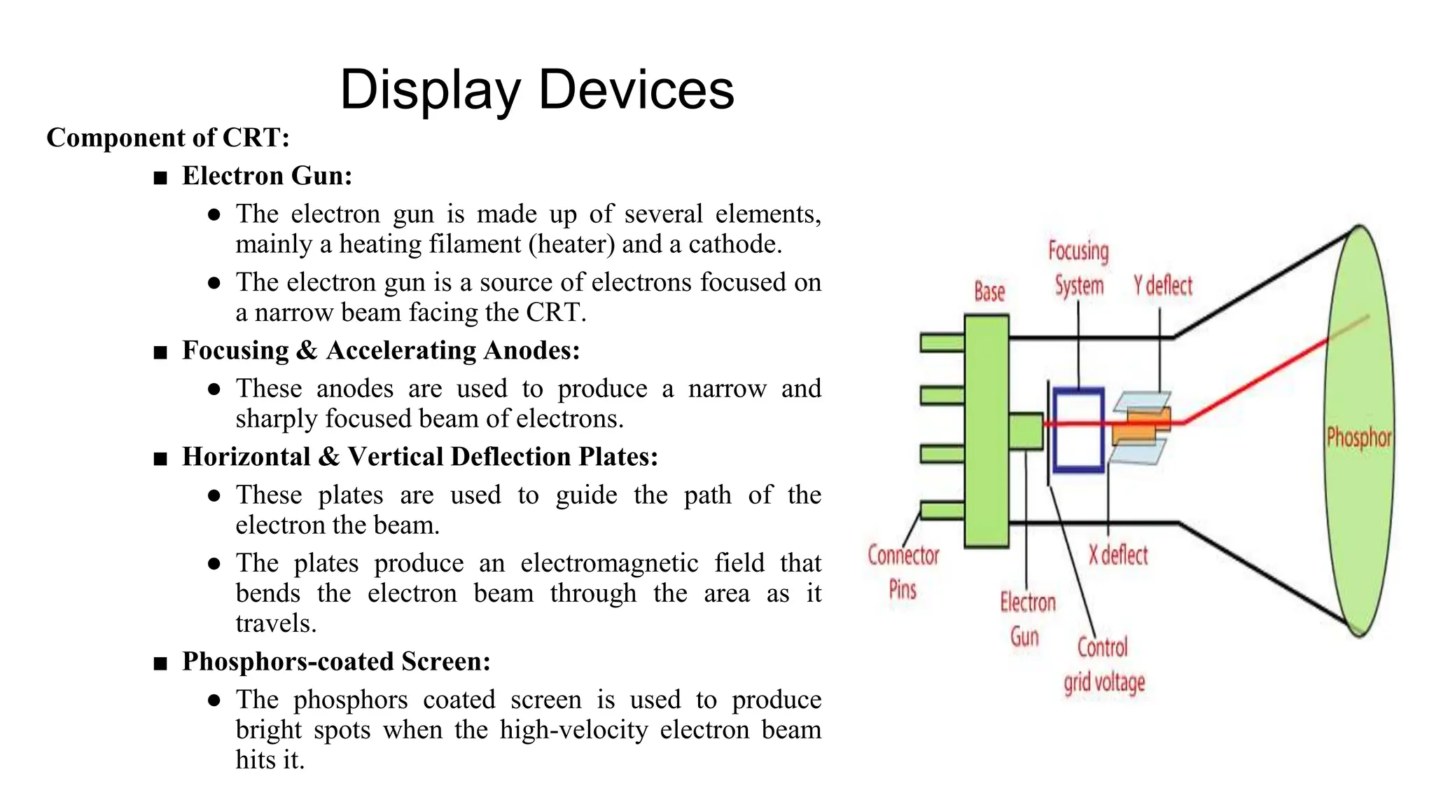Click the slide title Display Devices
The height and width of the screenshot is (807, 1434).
coord(536,90)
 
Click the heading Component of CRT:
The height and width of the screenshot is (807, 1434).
coord(168,138)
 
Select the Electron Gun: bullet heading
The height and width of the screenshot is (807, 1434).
coord(267,176)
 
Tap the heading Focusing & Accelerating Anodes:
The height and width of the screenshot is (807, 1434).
coord(381,350)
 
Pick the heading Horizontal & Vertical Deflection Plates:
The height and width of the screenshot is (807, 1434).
coord(420,457)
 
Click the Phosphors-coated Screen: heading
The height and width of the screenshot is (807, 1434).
coord(336,661)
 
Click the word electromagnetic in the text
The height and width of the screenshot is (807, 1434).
coord(608,563)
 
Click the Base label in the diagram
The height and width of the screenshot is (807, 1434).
coord(989,291)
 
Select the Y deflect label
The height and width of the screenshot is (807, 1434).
coord(1162,286)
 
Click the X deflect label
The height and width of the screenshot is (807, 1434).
coord(1118,556)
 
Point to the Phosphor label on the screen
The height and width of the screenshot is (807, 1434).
coord(1358,438)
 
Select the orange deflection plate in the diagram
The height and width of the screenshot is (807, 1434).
coord(1141,427)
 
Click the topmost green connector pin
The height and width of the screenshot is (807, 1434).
coord(942,343)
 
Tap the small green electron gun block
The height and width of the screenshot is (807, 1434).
coord(1026,431)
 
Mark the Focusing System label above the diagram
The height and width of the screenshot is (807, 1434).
coord(1078,268)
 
